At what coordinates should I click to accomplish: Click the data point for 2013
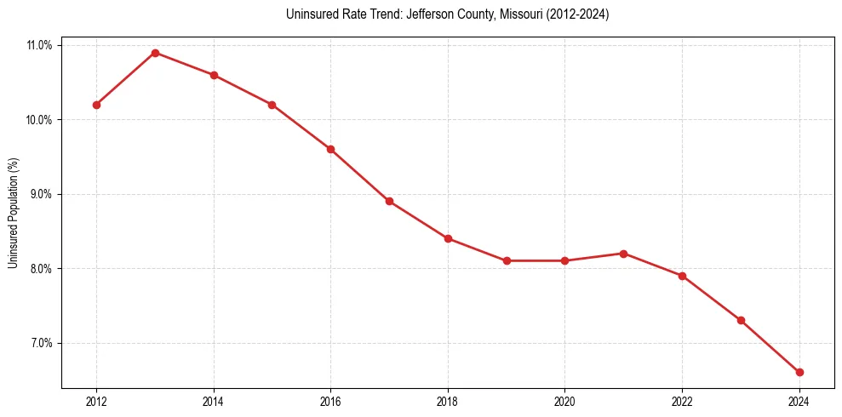[x=155, y=53]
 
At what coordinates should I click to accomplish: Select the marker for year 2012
[x=96, y=105]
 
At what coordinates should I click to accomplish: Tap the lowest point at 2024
[x=799, y=372]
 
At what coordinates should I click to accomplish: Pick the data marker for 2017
[x=389, y=201]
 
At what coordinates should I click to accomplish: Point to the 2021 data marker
[x=623, y=254]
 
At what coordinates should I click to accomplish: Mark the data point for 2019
[x=507, y=260]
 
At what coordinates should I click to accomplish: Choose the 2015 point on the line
[x=272, y=105]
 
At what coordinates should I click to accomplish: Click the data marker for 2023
[x=741, y=320]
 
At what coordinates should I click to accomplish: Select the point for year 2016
[x=330, y=149]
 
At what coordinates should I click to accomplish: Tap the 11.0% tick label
[x=40, y=45]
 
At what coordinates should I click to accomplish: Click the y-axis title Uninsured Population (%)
[x=14, y=213]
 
